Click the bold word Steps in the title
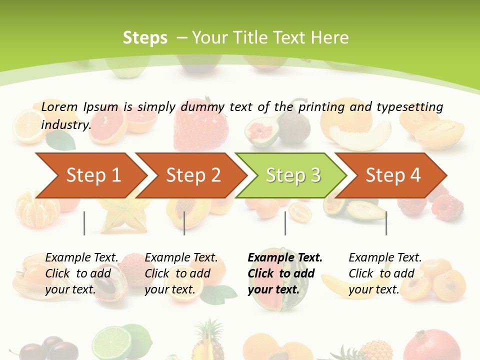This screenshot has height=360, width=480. point(145,37)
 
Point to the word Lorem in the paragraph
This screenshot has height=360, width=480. point(59,106)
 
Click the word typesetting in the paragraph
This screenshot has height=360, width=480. point(409,106)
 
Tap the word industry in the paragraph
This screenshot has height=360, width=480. point(65,125)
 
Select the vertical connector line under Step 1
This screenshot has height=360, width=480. point(84,223)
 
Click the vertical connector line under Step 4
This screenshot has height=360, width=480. point(386,223)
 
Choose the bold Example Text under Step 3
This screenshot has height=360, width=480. point(285,258)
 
